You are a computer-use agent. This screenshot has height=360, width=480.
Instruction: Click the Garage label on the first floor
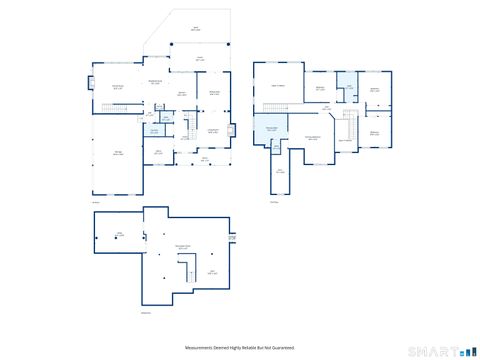[x=118, y=153]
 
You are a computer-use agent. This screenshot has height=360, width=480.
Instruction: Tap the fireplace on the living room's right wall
[x=232, y=129]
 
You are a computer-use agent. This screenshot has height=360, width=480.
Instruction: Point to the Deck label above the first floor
[x=195, y=28]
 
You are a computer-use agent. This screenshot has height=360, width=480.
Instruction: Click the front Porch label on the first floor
[x=206, y=158]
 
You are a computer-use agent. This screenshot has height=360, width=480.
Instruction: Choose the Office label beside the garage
[x=158, y=152]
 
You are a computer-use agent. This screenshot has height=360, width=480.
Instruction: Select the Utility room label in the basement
[x=119, y=235]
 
